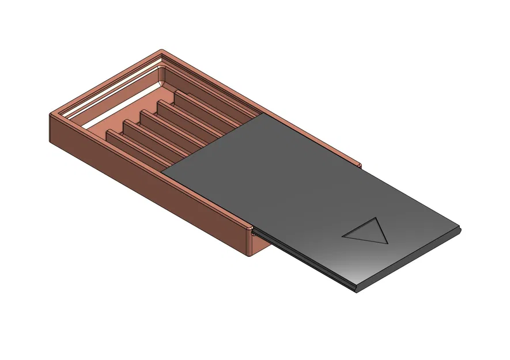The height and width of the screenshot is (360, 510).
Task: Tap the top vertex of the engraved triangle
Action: pos(375,218)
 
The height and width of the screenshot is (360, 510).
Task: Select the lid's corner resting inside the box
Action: pos(163,171)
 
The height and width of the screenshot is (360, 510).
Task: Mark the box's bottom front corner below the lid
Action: pos(250,255)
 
